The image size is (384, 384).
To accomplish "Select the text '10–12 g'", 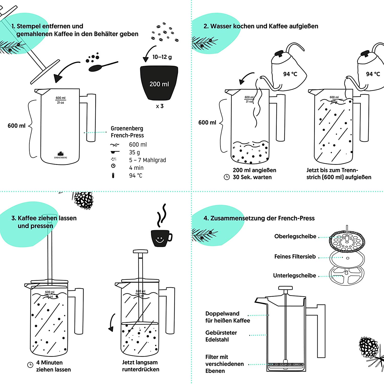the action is (x=162, y=57).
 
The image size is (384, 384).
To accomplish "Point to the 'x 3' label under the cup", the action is (x=159, y=106).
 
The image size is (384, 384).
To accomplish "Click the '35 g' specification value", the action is (x=134, y=152).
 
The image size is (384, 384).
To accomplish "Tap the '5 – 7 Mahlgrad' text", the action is (x=147, y=160).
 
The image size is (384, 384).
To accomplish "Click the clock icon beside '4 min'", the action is (x=113, y=166).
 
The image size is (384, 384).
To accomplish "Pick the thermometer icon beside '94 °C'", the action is (x=113, y=175).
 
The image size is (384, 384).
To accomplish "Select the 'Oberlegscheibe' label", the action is (x=295, y=236).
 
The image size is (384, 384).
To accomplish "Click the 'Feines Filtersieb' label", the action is (x=295, y=257).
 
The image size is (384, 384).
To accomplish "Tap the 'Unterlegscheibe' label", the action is (x=294, y=275).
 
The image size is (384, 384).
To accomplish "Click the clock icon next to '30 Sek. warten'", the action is (x=227, y=177).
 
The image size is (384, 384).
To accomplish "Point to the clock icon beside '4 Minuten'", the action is (x=30, y=365).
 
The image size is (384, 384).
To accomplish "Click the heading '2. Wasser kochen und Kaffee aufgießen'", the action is (x=261, y=26).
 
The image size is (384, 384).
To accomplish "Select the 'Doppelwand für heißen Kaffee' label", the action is (x=228, y=317).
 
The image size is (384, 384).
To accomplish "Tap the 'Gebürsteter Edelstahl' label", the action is (x=221, y=336).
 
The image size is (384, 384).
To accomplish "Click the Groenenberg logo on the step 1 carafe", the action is (x=60, y=155).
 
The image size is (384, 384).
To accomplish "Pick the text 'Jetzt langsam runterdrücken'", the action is (x=141, y=366).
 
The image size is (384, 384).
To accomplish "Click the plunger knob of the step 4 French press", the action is (x=285, y=288).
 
